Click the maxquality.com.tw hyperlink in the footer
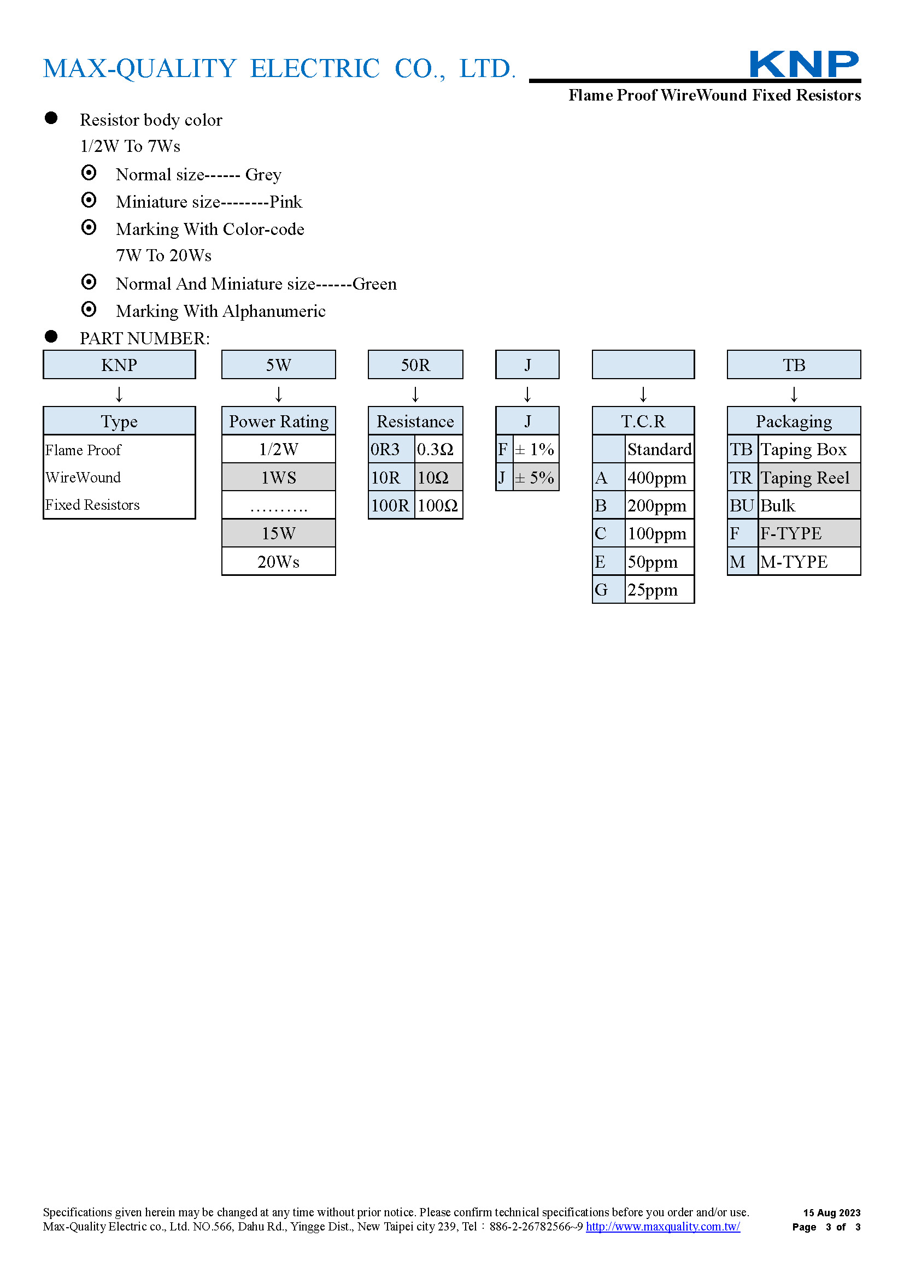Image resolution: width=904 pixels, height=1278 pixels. [x=663, y=1226]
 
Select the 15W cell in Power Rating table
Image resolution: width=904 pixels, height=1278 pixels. [x=279, y=533]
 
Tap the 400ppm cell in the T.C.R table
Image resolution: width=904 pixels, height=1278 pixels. [x=660, y=478]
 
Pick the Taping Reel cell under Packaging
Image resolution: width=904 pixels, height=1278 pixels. [x=809, y=478]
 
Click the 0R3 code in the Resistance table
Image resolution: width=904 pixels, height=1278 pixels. [x=392, y=449]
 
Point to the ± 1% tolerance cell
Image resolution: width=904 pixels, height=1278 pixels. [x=536, y=449]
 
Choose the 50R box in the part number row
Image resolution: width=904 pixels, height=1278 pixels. [x=415, y=364]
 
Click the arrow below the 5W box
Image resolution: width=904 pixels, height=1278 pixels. [x=279, y=394]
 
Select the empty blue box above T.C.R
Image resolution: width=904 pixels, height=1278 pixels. [x=643, y=364]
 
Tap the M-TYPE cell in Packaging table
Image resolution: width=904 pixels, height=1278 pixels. [x=809, y=562]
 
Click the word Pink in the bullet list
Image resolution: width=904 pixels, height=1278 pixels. [x=285, y=202]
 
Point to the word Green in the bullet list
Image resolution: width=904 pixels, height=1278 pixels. [x=374, y=284]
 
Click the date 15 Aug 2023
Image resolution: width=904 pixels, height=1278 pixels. [x=832, y=1212]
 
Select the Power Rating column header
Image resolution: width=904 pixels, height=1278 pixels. [x=279, y=421]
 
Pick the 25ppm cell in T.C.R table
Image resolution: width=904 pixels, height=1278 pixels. [x=660, y=590]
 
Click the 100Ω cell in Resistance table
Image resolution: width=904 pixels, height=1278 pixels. [x=439, y=505]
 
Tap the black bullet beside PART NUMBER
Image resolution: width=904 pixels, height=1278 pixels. [x=51, y=336]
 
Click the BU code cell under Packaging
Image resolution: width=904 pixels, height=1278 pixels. [x=743, y=505]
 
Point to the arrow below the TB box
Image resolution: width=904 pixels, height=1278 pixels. [x=794, y=394]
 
